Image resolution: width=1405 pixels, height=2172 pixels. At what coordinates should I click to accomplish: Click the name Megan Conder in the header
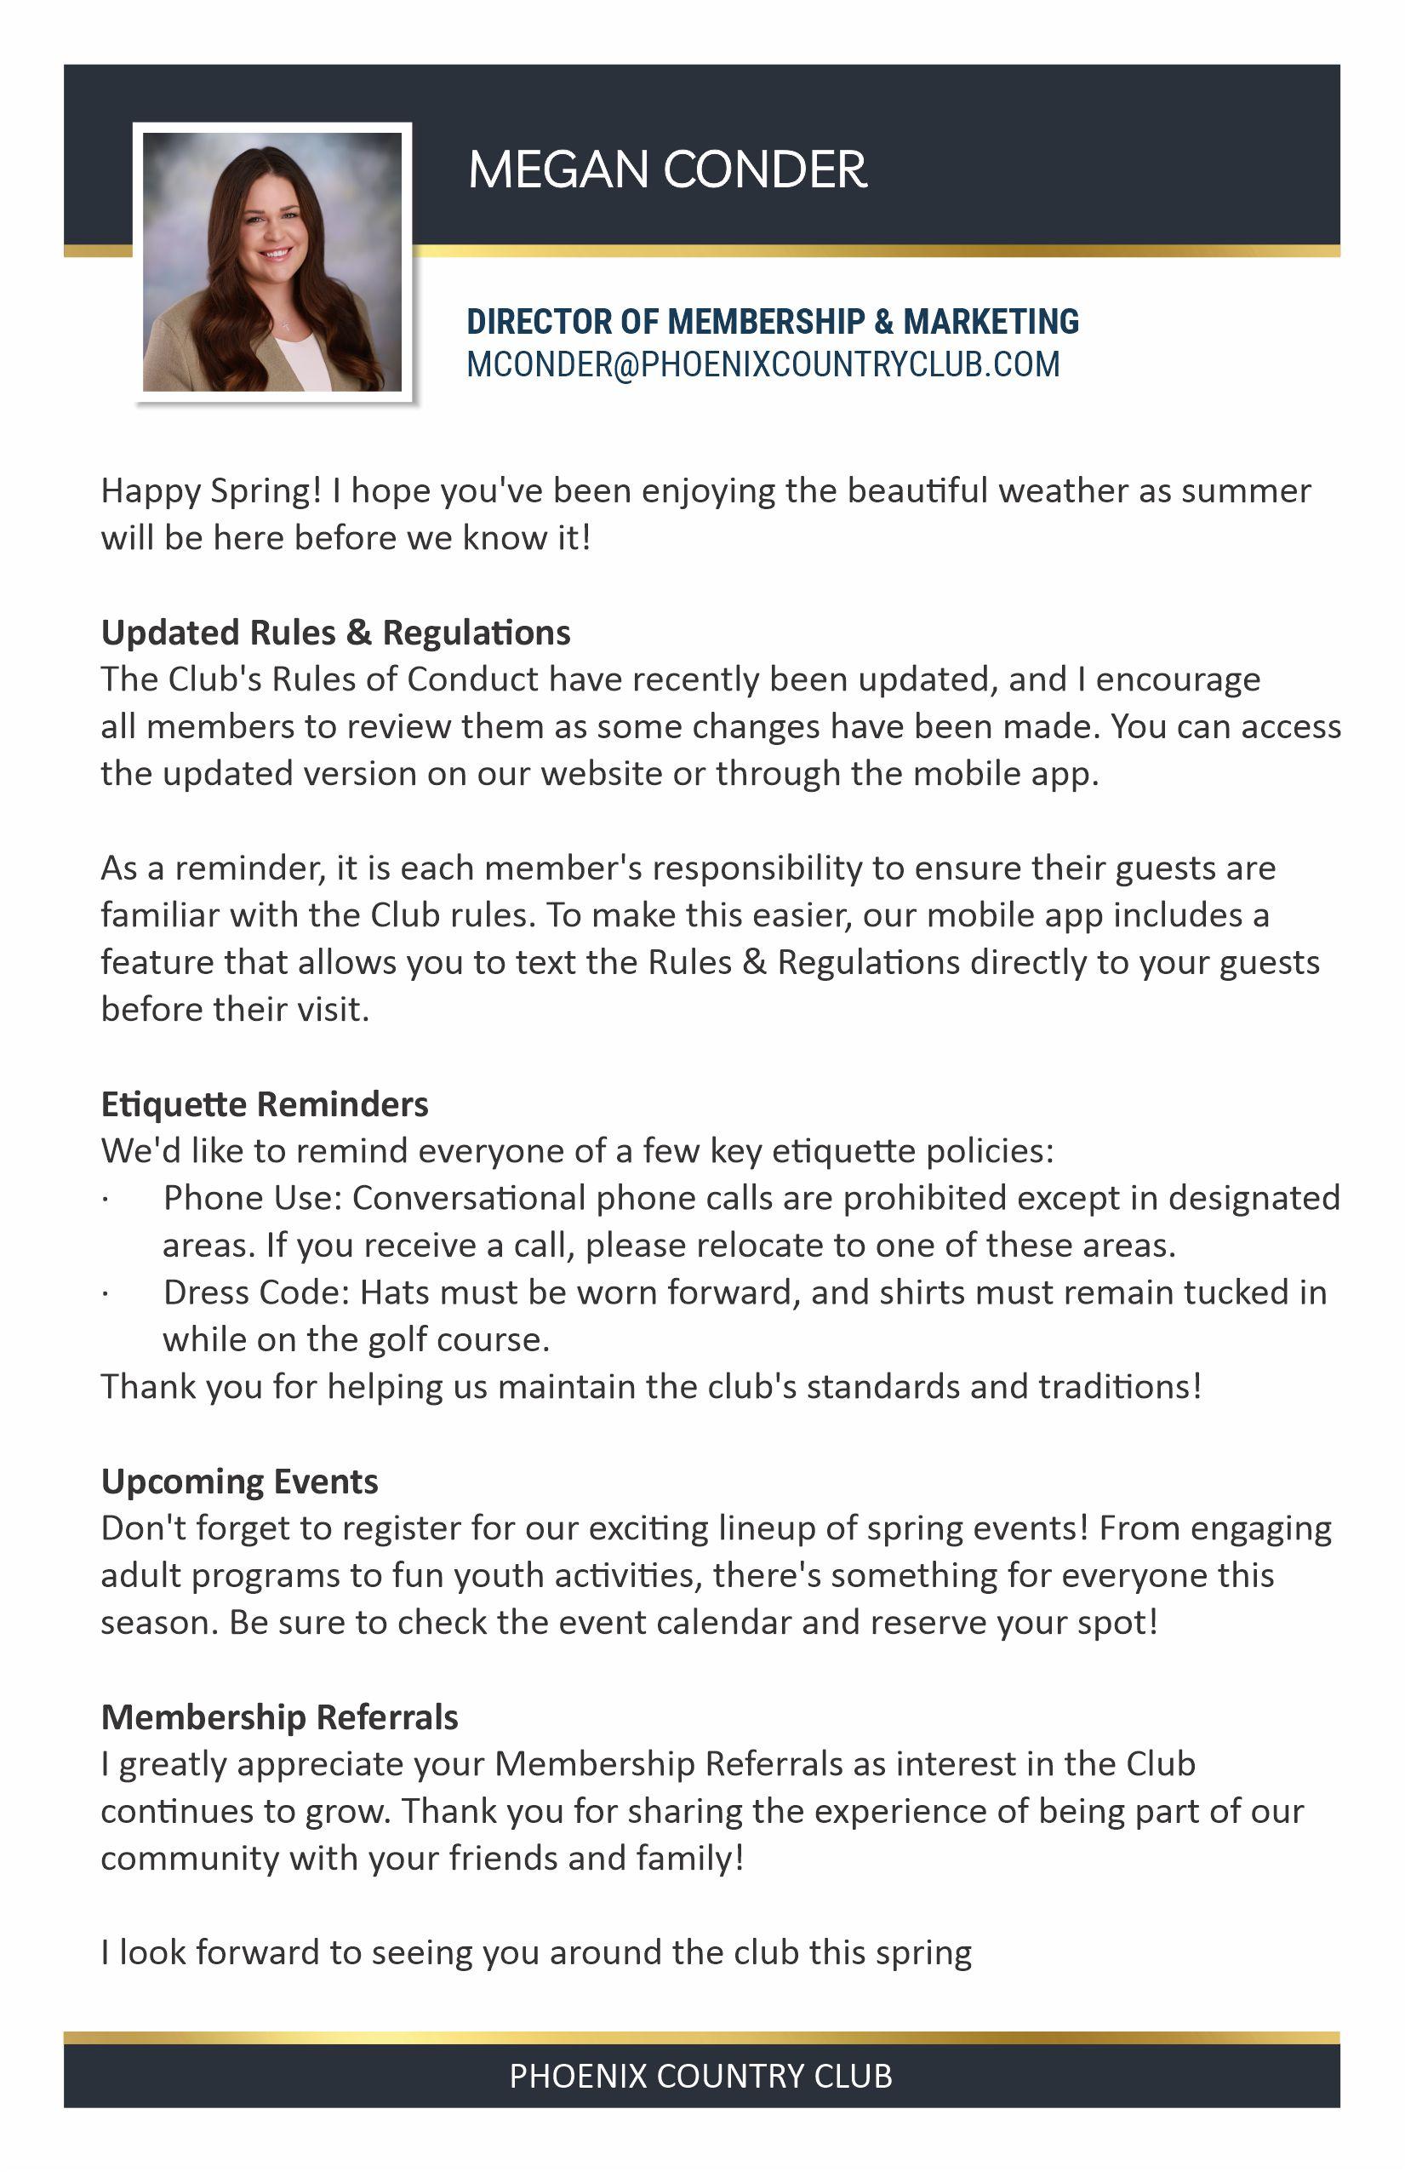(667, 169)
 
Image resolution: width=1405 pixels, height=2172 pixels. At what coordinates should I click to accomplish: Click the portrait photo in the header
(271, 262)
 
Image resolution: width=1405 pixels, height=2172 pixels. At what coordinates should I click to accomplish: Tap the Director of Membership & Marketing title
(772, 321)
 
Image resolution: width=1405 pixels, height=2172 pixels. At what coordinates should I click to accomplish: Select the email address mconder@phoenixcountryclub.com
(762, 364)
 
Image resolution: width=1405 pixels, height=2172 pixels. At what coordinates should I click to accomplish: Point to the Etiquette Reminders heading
(264, 1104)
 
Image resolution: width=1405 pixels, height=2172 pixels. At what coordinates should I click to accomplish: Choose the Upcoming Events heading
(239, 1481)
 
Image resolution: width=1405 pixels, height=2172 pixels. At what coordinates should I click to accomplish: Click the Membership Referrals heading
(279, 1716)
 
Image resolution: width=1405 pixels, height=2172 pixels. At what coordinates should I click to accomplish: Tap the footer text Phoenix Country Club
(700, 2076)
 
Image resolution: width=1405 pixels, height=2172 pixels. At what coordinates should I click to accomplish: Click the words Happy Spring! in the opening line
(211, 491)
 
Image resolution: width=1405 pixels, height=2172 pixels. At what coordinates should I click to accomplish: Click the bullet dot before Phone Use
(106, 1199)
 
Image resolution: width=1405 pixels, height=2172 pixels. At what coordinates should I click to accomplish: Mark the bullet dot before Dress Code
(106, 1293)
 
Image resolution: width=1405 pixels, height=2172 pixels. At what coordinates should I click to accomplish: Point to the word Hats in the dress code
(393, 1292)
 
